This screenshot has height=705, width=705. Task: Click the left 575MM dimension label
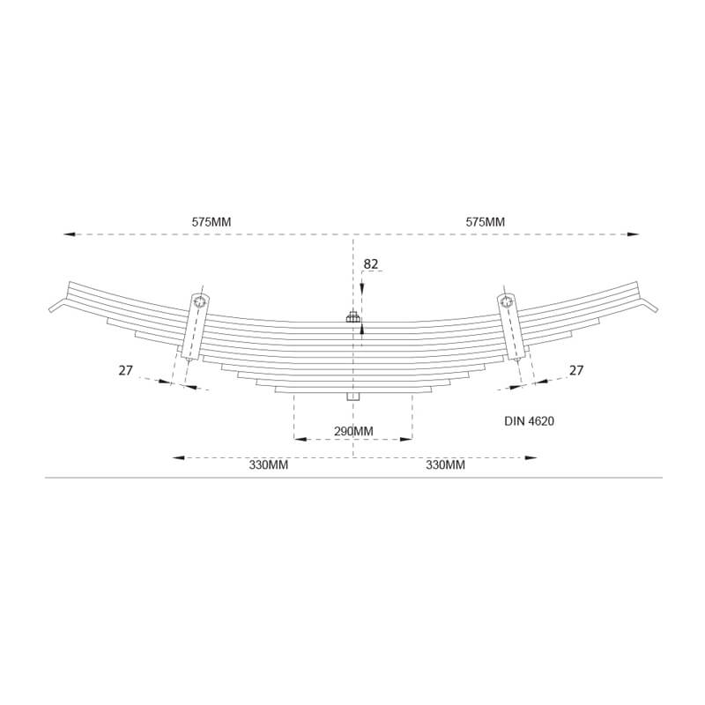pyautogui.click(x=211, y=222)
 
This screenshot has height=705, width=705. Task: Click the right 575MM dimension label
pyautogui.click(x=486, y=222)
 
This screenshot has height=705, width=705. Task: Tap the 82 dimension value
pyautogui.click(x=371, y=264)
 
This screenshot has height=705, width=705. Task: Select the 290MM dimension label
pyautogui.click(x=353, y=431)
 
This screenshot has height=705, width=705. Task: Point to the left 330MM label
pyautogui.click(x=269, y=464)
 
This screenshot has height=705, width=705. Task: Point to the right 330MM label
pyautogui.click(x=446, y=464)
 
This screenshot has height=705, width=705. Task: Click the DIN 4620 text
pyautogui.click(x=530, y=421)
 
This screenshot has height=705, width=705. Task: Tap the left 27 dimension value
pyautogui.click(x=126, y=370)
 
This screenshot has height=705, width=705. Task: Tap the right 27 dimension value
pyautogui.click(x=576, y=370)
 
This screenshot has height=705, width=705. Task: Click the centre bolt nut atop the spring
pyautogui.click(x=352, y=317)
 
